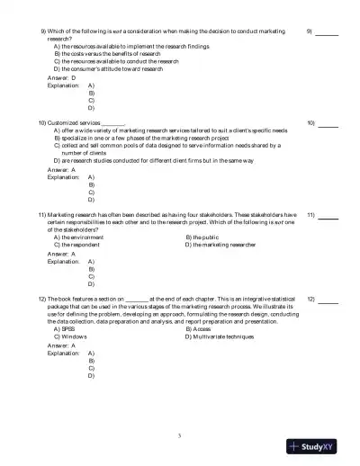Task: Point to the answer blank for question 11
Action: tap(328, 218)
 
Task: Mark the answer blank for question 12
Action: tap(328, 299)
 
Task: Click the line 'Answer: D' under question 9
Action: tap(62, 77)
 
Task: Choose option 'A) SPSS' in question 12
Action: tap(65, 329)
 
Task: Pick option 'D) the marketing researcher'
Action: tap(220, 245)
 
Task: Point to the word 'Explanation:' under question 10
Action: tap(64, 176)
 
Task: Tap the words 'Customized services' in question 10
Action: tap(74, 122)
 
